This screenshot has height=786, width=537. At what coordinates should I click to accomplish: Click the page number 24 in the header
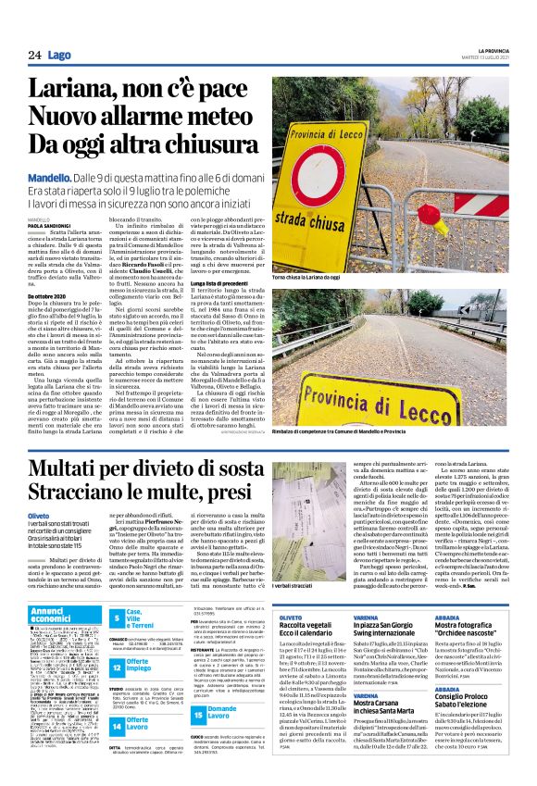34,56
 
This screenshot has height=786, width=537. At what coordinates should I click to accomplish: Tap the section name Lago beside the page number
59,56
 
